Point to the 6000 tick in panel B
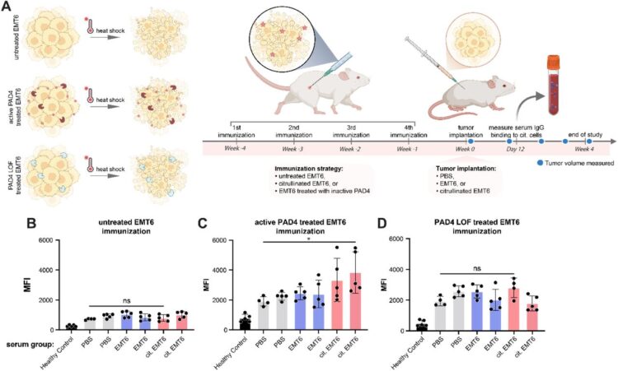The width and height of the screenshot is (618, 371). (54, 240)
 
